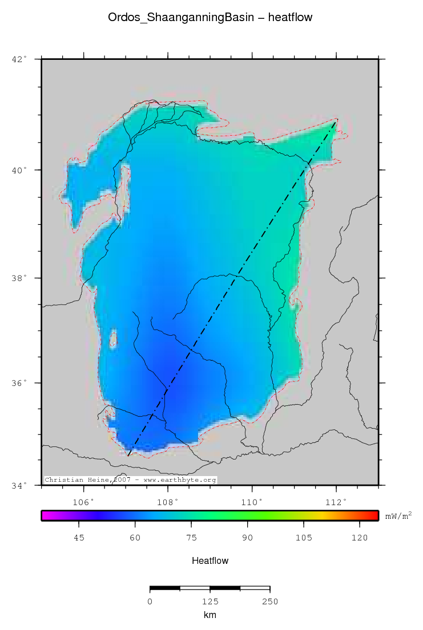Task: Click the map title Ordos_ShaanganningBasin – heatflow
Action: point(210,18)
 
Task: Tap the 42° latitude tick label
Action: point(19,59)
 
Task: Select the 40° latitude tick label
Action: point(19,170)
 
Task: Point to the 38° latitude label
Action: point(19,278)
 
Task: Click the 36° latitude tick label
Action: point(19,383)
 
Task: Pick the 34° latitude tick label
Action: point(19,485)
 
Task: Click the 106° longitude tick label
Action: point(84,502)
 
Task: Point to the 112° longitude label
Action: point(336,502)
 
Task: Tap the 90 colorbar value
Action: point(247,537)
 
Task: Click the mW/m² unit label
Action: point(398,516)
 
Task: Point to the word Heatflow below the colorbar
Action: point(210,561)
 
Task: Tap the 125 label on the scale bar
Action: point(210,601)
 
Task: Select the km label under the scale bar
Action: point(210,615)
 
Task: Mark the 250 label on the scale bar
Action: point(269,601)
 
